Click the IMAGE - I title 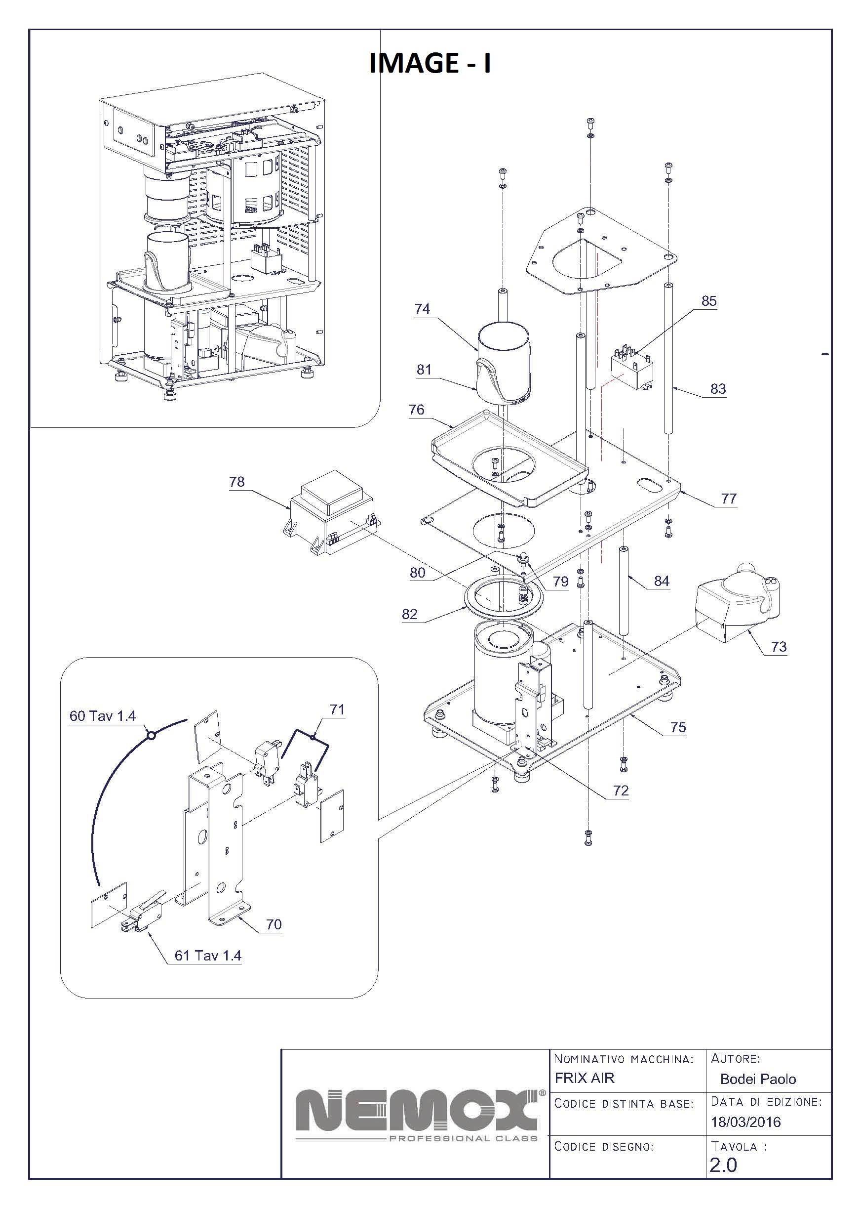430,63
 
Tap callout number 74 422,309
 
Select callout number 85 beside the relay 709,301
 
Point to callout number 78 236,481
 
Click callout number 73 778,646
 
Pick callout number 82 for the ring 409,614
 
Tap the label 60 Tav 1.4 102,716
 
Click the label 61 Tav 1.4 208,956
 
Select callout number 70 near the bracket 274,924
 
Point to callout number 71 337,709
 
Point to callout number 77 729,498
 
